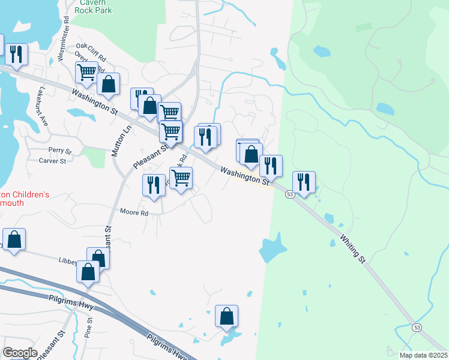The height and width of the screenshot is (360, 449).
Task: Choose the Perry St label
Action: pyautogui.click(x=59, y=151)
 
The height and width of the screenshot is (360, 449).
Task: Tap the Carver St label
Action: pyautogui.click(x=52, y=161)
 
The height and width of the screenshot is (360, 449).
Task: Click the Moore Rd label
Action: pyautogui.click(x=134, y=212)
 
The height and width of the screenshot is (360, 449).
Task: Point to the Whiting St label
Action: pyautogui.click(x=354, y=247)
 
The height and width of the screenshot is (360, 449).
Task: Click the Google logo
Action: pyautogui.click(x=20, y=353)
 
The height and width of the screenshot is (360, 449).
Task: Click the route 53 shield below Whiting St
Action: pyautogui.click(x=416, y=327)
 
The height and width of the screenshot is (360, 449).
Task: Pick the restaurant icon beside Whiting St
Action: pyautogui.click(x=304, y=182)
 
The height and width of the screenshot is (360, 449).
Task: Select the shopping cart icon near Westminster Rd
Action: pyautogui.click(x=86, y=72)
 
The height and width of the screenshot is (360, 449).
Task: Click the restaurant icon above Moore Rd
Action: pyautogui.click(x=154, y=185)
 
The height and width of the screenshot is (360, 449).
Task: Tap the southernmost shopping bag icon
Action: pyautogui.click(x=226, y=316)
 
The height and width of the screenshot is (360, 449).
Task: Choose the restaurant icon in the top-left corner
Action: pyautogui.click(x=16, y=55)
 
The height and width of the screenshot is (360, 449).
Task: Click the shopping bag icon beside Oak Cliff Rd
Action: pyautogui.click(x=108, y=84)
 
